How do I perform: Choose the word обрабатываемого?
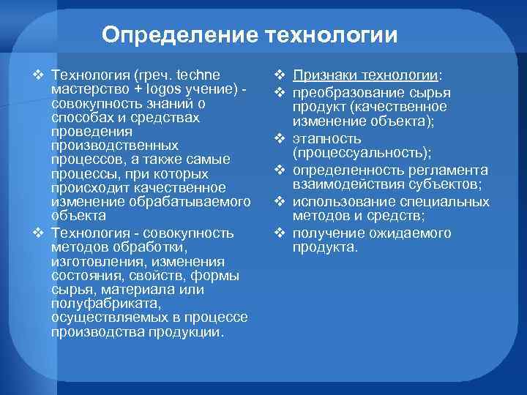coord(188,202)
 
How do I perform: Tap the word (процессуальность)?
coord(361,152)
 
